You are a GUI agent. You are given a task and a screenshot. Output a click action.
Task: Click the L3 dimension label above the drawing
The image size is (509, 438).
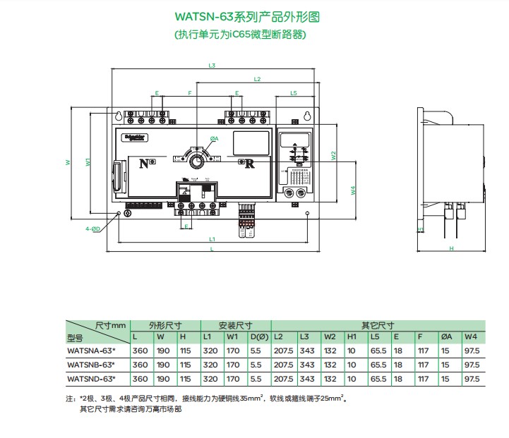pos(211,66)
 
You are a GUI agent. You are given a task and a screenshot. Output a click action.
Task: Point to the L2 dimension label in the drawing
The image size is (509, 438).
pos(257,79)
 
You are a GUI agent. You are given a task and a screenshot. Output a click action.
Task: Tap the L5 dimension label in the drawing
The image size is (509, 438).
pos(293,93)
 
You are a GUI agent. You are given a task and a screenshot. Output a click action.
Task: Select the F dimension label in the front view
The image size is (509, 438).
pos(189,93)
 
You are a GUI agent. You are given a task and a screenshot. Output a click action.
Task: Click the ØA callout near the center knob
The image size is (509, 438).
pos(214,138)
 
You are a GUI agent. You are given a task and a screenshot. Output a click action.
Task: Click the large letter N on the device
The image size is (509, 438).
pos(144,164)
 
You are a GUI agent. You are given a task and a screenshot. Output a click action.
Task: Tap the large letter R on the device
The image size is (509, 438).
pos(249,164)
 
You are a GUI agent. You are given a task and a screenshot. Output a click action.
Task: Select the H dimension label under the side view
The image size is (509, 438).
pos(450,248)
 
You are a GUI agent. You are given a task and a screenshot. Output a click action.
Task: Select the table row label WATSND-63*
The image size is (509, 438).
pos(90,379)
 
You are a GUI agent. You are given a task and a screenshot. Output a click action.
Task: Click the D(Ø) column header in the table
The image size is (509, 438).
pos(259,338)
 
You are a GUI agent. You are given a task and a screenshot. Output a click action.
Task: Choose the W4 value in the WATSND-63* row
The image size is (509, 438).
pos(472,379)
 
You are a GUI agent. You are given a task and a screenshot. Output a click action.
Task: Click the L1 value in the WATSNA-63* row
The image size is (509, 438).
pos(211,351)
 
